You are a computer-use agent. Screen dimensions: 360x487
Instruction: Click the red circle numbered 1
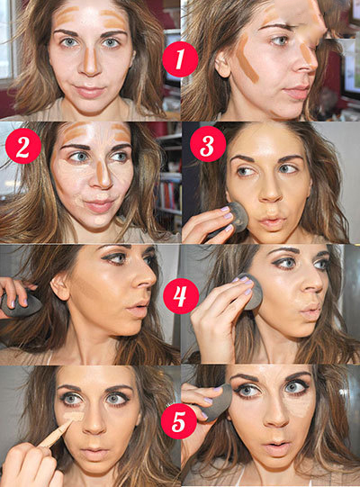180,59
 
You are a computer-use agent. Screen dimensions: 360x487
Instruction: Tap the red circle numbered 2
23,146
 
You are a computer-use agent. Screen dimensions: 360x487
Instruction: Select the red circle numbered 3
208,144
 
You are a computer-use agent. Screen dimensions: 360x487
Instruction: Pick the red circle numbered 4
181,295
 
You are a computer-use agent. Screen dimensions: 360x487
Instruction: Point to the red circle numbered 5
179,421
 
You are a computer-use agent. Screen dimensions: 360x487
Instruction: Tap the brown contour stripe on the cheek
247,59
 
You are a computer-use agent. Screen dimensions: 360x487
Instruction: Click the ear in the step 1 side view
223,64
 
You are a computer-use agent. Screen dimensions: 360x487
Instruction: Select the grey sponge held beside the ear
21,305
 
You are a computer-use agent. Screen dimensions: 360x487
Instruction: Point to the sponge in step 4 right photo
247,292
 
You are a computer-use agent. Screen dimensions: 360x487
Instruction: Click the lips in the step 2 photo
99,206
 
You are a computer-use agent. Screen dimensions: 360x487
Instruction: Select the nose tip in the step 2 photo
103,183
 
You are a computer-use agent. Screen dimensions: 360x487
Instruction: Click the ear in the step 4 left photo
60,286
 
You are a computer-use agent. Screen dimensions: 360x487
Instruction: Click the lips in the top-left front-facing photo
89,92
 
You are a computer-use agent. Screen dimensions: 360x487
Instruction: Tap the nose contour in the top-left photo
90,60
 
